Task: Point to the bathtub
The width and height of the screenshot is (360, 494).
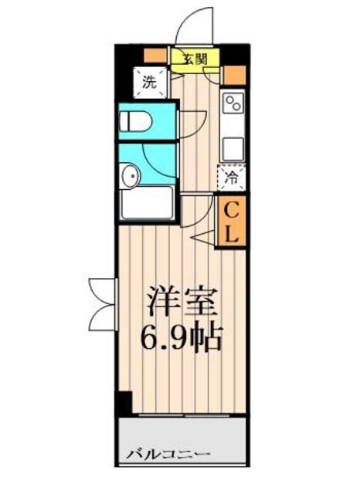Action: [x=147, y=202]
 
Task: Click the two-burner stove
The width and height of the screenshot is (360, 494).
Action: [x=233, y=102]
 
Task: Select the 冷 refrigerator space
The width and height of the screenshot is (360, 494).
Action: [x=232, y=178]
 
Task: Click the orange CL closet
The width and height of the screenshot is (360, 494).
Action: [x=232, y=221]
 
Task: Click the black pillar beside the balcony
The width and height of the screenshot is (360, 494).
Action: [x=123, y=402]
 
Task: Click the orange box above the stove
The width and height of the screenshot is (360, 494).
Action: [x=234, y=76]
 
